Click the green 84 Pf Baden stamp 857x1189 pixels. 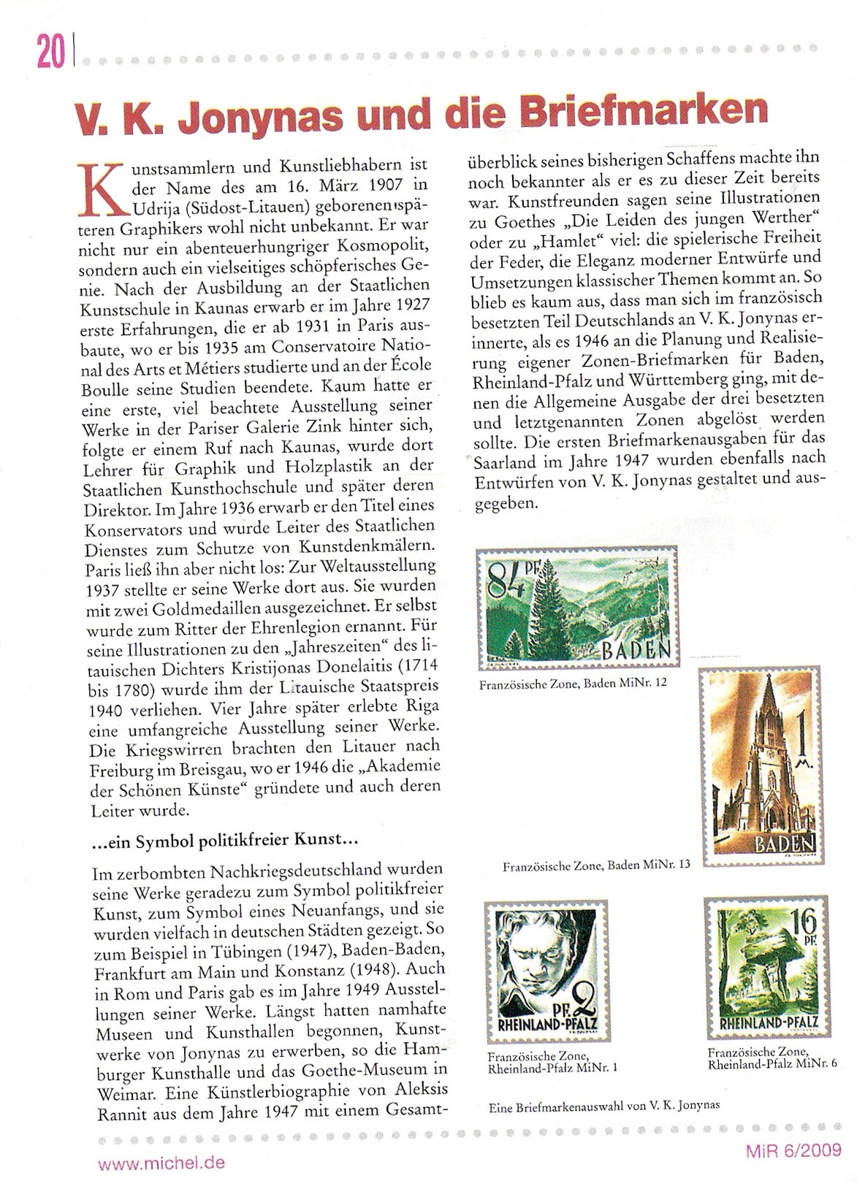coord(576,608)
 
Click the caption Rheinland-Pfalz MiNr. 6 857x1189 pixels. coord(772,1058)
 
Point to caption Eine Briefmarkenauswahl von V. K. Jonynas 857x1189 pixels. coord(603,1105)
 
